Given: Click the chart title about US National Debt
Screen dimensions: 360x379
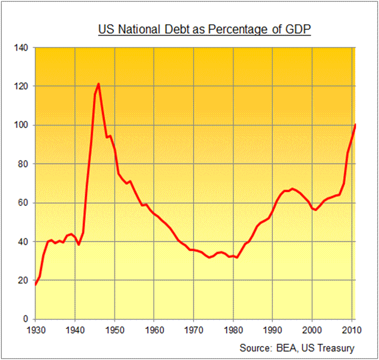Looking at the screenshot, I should coord(204,29).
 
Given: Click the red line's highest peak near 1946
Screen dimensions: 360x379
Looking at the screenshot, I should coord(98,84).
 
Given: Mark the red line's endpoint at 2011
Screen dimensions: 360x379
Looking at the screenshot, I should coord(355,125).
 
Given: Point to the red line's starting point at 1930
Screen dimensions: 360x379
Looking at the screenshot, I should coord(35,285).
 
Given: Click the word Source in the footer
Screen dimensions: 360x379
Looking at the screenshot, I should coord(253,348).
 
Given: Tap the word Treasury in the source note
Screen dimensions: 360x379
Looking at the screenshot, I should coord(337,348).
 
